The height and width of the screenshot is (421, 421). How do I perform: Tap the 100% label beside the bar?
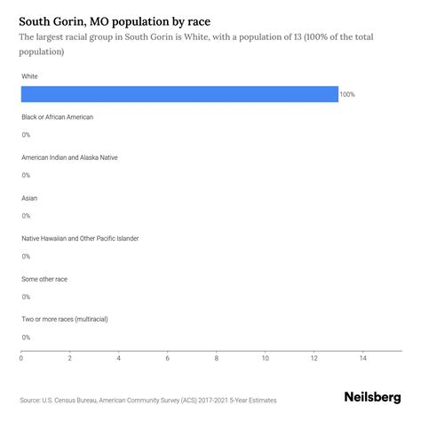pos(346,94)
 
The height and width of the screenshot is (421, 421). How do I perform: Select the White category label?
pos(30,76)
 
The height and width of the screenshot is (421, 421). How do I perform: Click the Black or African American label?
pos(57,116)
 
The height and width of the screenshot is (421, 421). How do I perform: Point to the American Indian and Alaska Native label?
pos(69,157)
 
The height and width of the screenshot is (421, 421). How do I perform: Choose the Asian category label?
pos(29,197)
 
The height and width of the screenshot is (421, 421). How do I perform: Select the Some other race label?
pos(44,278)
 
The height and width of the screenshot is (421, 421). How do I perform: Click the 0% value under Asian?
pos(26,216)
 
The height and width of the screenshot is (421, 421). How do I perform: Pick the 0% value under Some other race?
pos(26,297)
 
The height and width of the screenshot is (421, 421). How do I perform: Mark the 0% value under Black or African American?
pos(26,135)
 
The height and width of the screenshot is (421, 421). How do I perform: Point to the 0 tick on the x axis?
pos(21,359)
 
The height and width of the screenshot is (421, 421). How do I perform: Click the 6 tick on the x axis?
pos(168,359)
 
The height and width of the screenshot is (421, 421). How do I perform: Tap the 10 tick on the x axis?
pos(266,359)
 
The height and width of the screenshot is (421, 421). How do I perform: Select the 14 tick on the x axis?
pos(363,359)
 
